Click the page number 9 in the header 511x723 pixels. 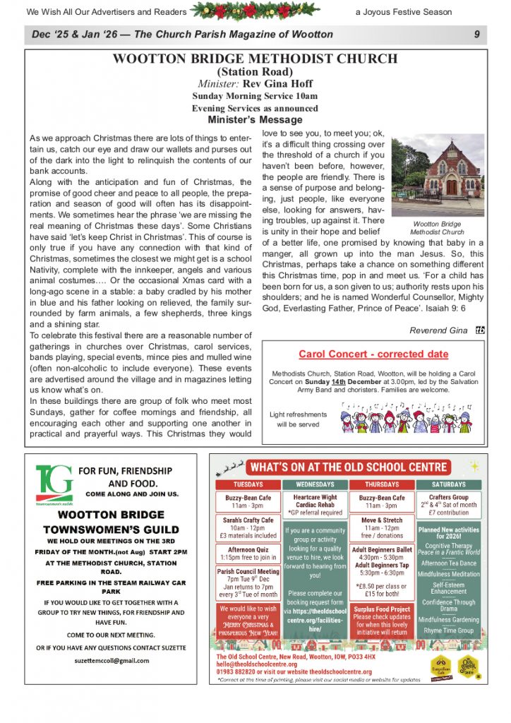tap(477, 35)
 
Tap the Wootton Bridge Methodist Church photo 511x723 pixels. tap(438, 177)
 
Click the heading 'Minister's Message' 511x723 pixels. tap(255, 120)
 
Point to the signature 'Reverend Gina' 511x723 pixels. tap(438, 330)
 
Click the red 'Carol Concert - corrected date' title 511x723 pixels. tap(373, 354)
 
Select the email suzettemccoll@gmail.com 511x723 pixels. tap(112, 660)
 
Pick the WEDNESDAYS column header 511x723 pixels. tap(315, 485)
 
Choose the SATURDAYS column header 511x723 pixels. tap(448, 485)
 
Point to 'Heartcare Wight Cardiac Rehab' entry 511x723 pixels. tap(315, 506)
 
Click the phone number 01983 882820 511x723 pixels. tap(245, 671)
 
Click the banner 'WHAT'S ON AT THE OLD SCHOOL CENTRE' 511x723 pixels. tap(349, 467)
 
